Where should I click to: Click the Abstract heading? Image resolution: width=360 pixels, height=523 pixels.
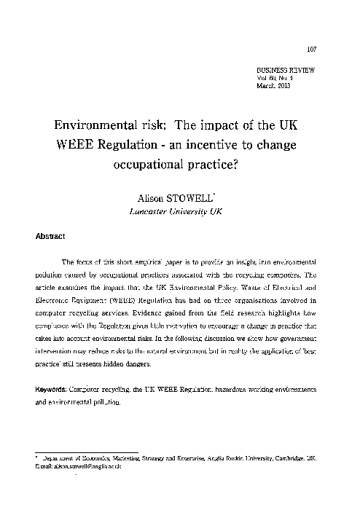click(51, 236)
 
